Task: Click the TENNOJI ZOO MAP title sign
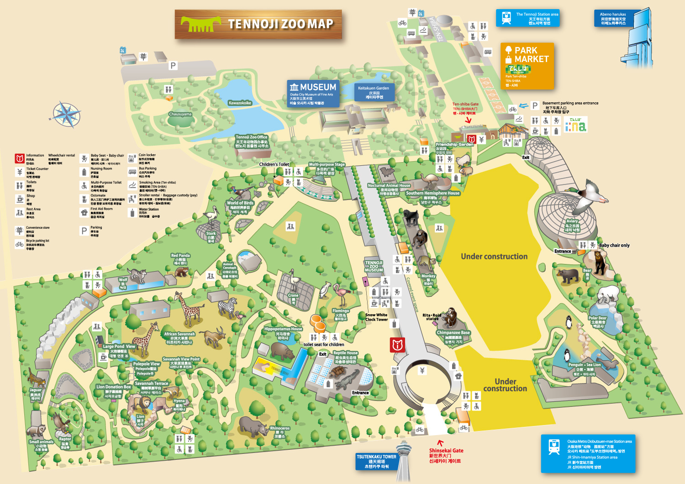[258, 24]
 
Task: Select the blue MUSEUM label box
[313, 94]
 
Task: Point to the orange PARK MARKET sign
[527, 66]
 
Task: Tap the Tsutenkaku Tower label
[376, 461]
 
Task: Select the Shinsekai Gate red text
[446, 455]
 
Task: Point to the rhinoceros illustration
[253, 426]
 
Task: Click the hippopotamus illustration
[282, 351]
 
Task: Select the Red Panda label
[180, 259]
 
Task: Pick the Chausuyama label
[180, 114]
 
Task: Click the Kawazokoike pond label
[240, 103]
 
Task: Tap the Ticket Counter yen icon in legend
[20, 172]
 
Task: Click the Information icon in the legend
[20, 158]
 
